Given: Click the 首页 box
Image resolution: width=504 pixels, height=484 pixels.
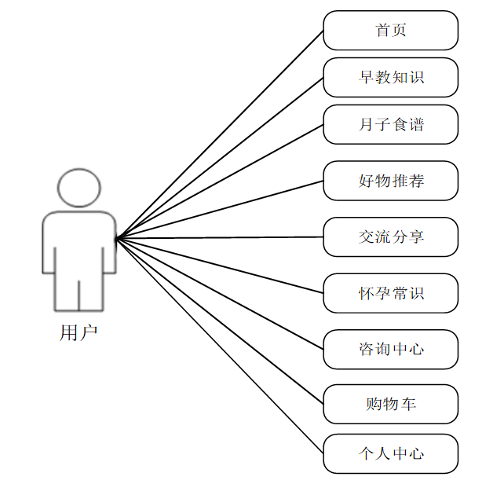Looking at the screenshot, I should click(x=390, y=31).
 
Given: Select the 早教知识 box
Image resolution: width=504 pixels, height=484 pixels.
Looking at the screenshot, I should click(x=390, y=77).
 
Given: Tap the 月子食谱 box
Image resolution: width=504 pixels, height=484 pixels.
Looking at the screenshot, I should click(x=390, y=124).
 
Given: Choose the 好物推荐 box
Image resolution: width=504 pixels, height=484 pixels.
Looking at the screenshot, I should click(x=390, y=181).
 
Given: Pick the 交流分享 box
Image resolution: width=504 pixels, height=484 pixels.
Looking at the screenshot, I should click(x=390, y=236).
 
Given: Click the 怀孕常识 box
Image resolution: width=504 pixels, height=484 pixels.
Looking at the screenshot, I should click(x=390, y=293).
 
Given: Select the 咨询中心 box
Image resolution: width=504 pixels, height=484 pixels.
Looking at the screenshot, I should click(x=390, y=349).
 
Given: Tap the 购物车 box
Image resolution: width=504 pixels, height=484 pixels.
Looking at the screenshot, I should click(x=390, y=404).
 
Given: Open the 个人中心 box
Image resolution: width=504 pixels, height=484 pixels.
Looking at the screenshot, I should click(x=390, y=453).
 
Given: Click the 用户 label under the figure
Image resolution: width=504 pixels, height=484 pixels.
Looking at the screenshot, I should click(x=79, y=332).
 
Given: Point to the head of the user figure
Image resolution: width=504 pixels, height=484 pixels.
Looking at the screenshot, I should click(x=79, y=186).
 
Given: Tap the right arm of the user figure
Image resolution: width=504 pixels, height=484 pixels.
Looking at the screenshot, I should click(x=108, y=244).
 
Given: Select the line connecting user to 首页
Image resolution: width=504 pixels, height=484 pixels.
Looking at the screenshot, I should click(x=220, y=134).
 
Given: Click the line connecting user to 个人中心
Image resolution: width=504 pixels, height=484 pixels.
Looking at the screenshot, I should click(x=220, y=345).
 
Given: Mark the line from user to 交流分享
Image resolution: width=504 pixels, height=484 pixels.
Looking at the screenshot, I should click(x=220, y=237).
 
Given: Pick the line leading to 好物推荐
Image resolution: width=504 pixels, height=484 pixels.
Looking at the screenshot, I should click(x=220, y=209).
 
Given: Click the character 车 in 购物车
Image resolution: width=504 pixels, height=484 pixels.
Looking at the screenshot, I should click(x=408, y=404).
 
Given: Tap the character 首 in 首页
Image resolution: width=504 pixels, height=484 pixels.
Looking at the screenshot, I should click(x=382, y=31).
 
